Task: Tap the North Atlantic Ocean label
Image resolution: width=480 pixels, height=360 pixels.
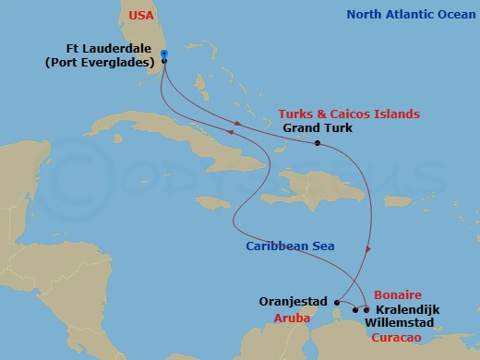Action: coord(410,15)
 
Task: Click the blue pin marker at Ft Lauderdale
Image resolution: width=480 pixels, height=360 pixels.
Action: coord(163,54)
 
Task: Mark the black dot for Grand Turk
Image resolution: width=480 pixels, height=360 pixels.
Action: coord(317,143)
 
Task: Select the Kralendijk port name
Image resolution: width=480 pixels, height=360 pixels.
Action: coord(406,309)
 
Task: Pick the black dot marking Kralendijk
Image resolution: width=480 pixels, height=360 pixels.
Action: coord(366,309)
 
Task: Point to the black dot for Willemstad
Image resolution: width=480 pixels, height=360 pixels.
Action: coord(354,310)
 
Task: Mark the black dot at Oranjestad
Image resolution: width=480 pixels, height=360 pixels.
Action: coord(338,302)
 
